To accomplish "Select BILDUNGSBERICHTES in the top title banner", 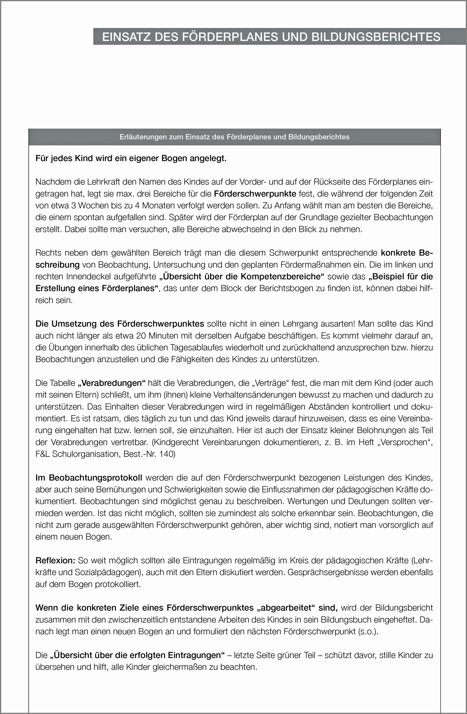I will [376, 37].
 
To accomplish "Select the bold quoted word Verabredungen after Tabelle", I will [112, 383].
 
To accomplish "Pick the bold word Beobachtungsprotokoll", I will [95, 478].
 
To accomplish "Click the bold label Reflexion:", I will [55, 560].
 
